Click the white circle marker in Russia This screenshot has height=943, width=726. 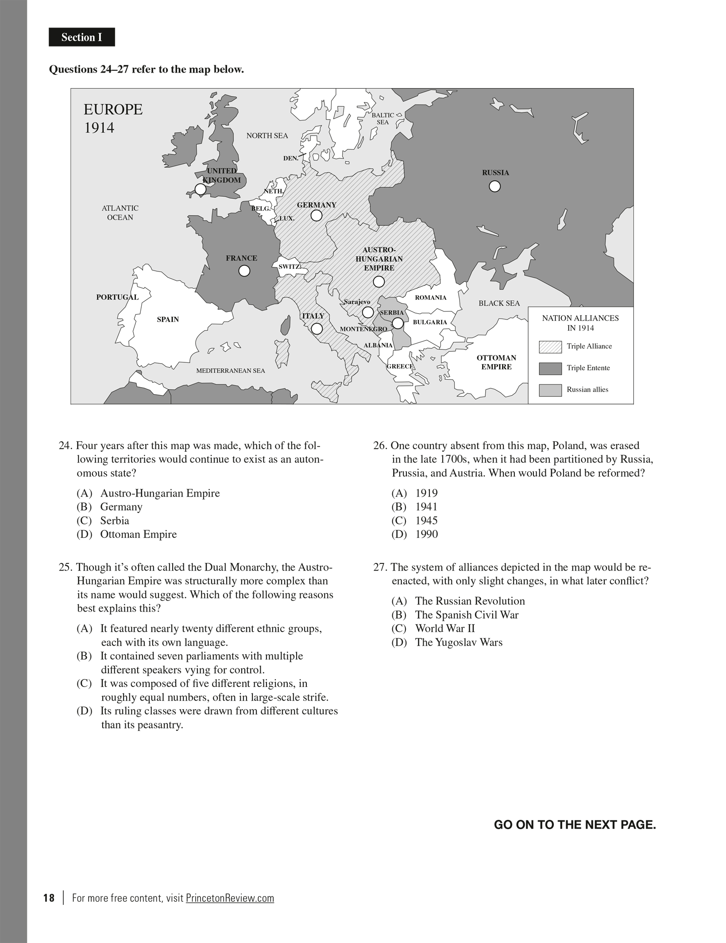(x=494, y=186)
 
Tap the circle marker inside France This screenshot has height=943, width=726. (x=244, y=271)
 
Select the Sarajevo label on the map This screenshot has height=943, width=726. (x=357, y=302)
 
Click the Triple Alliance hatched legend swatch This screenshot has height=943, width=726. (x=550, y=347)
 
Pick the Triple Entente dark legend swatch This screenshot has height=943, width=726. (x=550, y=368)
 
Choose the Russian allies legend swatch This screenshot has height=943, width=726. (x=550, y=390)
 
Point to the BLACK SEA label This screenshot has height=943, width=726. (x=499, y=303)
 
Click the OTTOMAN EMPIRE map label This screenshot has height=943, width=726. (x=496, y=362)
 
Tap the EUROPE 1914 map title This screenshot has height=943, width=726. (x=113, y=118)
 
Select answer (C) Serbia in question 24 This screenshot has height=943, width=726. (x=114, y=520)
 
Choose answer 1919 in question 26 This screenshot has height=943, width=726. (x=426, y=493)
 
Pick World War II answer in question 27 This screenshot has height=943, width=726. (x=444, y=629)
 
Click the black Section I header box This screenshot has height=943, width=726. (x=82, y=37)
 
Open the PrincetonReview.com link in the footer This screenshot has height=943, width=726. (x=230, y=898)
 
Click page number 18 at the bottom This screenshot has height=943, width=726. (x=49, y=898)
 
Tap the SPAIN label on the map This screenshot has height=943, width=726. (x=168, y=319)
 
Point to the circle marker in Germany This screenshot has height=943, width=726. (x=316, y=216)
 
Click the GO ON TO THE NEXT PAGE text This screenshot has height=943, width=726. (x=575, y=825)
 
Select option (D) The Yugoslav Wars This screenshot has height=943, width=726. (x=458, y=642)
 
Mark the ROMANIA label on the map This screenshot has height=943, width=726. (x=430, y=298)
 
